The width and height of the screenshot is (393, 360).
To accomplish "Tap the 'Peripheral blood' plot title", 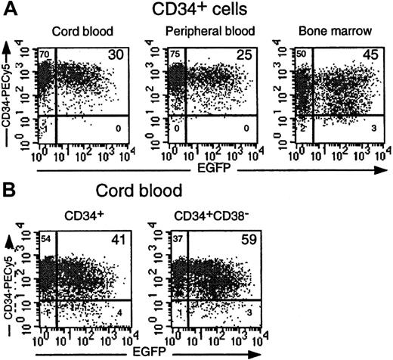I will [203, 31].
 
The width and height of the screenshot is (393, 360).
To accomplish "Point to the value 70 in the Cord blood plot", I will [45, 54].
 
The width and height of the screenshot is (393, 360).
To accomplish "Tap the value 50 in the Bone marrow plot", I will [289, 54].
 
